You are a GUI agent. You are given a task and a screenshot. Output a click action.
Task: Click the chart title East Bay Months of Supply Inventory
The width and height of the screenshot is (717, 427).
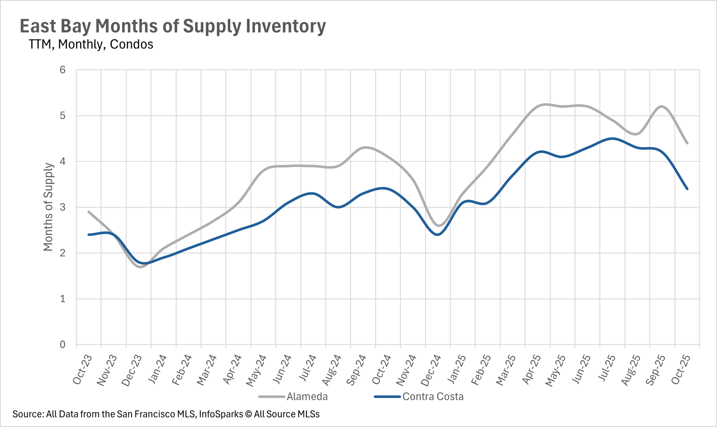(173, 26)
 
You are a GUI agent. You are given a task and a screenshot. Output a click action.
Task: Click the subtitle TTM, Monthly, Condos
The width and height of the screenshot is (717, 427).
(91, 44)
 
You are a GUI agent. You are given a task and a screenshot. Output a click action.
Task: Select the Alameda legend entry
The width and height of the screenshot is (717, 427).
(307, 396)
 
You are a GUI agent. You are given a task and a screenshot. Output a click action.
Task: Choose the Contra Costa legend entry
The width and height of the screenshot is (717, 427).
(432, 396)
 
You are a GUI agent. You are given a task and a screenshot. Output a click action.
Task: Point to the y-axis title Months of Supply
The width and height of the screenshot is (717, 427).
(48, 207)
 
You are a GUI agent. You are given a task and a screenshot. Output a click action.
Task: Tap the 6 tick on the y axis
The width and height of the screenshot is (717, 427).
(62, 70)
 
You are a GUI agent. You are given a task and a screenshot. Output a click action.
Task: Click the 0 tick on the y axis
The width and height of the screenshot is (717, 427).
(62, 345)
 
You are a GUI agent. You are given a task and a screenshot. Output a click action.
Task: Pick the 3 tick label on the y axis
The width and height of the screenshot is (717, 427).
(62, 207)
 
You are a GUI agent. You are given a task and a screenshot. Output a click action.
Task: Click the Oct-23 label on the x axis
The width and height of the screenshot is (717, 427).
(82, 370)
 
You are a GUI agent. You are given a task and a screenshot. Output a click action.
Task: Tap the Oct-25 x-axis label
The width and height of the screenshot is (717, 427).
(680, 370)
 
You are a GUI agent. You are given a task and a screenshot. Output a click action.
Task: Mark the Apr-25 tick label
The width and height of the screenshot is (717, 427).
(531, 370)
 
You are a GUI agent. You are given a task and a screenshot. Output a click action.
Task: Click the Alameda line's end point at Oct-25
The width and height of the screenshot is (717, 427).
(687, 143)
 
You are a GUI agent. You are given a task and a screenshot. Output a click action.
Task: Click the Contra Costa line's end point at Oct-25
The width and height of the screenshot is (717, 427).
(687, 189)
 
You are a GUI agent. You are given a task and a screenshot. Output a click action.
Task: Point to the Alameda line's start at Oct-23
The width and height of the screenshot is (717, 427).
(89, 212)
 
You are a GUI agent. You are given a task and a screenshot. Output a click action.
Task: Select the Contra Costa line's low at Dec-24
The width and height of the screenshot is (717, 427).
(438, 234)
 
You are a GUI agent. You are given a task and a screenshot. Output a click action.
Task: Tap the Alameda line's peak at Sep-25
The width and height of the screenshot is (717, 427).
(662, 106)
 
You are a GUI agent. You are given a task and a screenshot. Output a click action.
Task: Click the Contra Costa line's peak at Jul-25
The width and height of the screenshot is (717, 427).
(612, 138)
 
